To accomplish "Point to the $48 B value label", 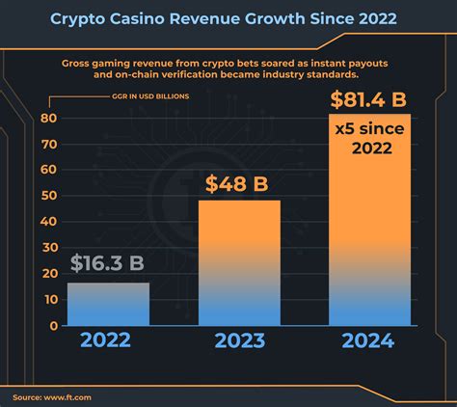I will (x=239, y=183).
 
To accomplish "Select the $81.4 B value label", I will (x=369, y=98).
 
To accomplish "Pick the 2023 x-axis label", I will (x=239, y=341).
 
